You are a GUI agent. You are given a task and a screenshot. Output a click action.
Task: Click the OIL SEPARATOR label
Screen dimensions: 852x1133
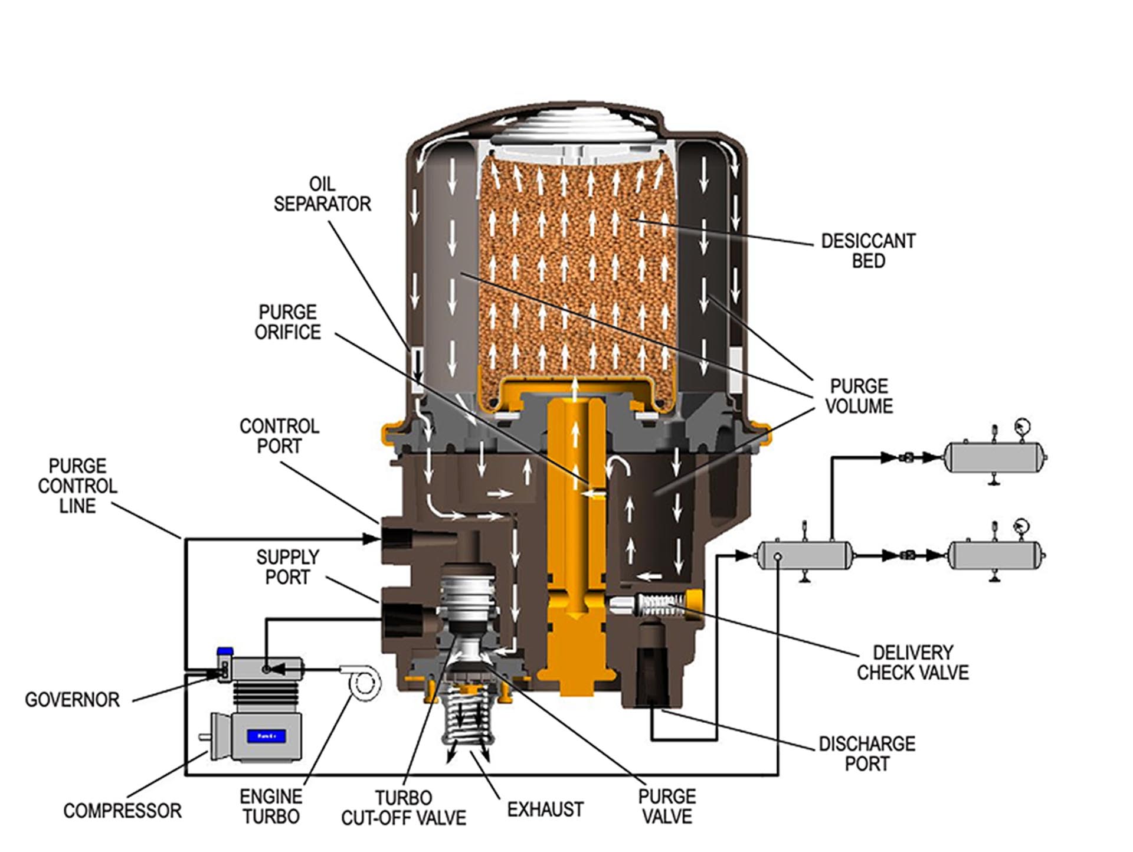point(322,194)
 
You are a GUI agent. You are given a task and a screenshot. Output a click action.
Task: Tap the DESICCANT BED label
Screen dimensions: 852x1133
point(868,251)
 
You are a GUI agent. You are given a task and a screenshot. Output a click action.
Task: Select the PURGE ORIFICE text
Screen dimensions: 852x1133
point(288,322)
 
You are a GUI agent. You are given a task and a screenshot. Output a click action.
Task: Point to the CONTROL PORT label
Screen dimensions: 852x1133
point(279,436)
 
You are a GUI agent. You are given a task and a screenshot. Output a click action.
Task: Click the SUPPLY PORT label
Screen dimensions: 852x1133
point(287,567)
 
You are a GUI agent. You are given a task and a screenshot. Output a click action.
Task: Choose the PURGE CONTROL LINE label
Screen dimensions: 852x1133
point(77,486)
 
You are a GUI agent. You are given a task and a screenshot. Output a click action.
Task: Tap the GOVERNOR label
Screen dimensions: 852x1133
point(72,700)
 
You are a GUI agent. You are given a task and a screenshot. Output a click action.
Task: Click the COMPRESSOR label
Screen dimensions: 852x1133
point(122,811)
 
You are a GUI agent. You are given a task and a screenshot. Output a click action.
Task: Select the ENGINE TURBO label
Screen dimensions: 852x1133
point(271,807)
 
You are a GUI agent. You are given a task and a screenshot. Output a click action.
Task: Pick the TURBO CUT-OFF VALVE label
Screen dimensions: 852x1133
point(404,808)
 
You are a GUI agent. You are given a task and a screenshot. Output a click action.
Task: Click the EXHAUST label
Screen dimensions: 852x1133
point(545,810)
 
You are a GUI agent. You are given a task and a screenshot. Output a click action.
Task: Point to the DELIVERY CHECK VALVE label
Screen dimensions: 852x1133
point(912,663)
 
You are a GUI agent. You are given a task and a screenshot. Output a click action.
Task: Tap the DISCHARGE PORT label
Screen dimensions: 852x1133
point(867,753)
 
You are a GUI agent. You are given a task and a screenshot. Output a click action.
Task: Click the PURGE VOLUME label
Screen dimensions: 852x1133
point(859,396)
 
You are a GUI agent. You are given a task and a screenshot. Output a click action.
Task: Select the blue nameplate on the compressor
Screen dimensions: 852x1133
point(267,736)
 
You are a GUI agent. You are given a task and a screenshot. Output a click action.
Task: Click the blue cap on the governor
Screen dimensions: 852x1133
point(225,651)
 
